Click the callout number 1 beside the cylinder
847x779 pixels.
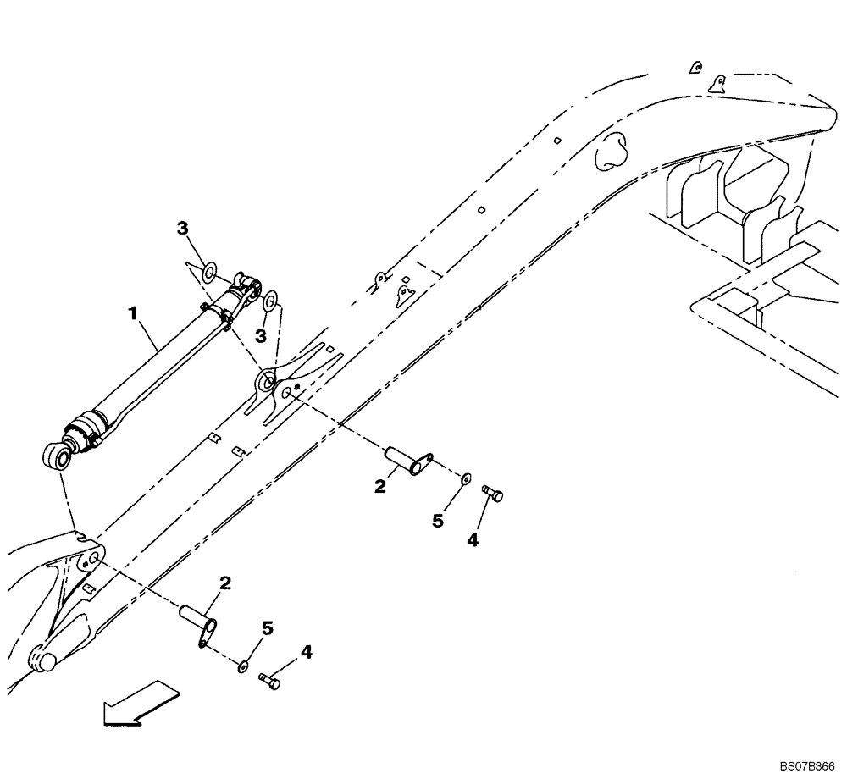[x=132, y=313]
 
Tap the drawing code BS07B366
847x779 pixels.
[x=805, y=763]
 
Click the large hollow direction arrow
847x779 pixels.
[x=141, y=702]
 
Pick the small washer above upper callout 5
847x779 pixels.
[x=465, y=480]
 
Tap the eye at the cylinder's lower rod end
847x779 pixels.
[x=58, y=458]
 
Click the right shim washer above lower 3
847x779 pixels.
[x=270, y=301]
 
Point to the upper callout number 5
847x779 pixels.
[x=438, y=520]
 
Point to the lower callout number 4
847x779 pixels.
[x=306, y=652]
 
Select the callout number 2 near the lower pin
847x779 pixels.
[x=224, y=583]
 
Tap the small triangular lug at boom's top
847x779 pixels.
[x=718, y=83]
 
